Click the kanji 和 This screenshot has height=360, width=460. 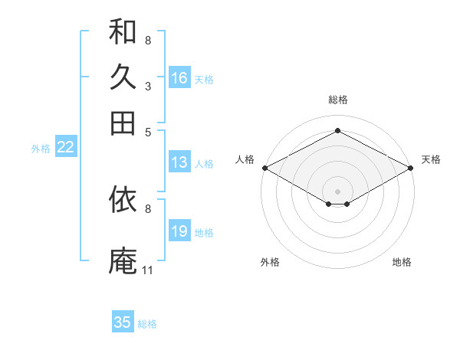click(123, 31)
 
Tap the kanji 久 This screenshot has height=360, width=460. click(123, 77)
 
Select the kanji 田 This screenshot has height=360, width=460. click(123, 123)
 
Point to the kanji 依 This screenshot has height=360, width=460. click(123, 199)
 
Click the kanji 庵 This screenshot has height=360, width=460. click(123, 260)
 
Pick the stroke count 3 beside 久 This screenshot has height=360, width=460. click(148, 87)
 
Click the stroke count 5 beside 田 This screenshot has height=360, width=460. click(148, 133)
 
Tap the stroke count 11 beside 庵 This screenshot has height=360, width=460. click(147, 270)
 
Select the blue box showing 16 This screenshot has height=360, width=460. click(179, 77)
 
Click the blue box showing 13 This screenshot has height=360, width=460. click(179, 162)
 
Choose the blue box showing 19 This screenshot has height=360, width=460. click(179, 230)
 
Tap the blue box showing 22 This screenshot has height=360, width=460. click(66, 146)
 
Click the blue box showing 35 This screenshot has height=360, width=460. click(123, 321)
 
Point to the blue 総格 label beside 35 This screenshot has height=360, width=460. click(147, 324)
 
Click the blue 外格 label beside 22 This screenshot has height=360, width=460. click(41, 149)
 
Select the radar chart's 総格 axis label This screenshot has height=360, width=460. click(338, 100)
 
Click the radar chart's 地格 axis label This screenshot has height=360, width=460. click(402, 262)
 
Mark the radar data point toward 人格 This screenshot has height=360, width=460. click(265, 168)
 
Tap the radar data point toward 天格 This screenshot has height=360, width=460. click(411, 168)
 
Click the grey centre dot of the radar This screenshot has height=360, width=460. click(337, 191)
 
